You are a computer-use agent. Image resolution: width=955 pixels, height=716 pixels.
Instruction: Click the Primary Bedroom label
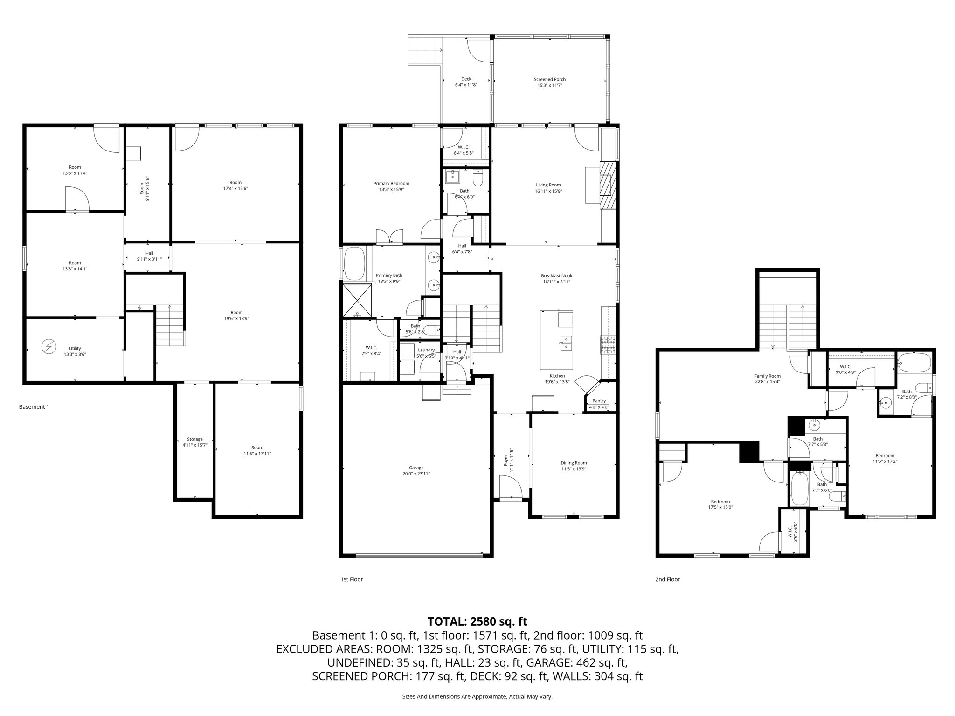pos(391,184)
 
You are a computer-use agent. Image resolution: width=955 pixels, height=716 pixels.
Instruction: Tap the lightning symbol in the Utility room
pos(48,346)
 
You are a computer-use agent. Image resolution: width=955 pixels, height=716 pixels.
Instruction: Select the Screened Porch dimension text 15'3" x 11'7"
pos(550,86)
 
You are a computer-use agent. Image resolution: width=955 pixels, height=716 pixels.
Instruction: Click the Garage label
pos(416,468)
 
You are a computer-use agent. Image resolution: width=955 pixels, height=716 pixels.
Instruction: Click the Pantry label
pos(599,401)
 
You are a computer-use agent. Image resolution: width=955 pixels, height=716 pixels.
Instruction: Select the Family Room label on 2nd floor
pos(768,376)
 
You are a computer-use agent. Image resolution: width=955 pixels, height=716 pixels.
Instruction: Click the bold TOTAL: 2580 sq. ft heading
pos(477,621)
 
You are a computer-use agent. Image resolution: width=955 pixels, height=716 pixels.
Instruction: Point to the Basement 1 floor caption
pos(34,407)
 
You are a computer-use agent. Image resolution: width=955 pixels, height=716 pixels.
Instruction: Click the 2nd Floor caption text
pos(667,579)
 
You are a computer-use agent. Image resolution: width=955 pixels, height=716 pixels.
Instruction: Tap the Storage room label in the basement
pos(195,439)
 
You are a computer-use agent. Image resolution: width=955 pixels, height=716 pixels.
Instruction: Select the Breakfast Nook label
pos(557,276)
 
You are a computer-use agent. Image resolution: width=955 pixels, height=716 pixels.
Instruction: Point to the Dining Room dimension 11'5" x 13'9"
pos(574,469)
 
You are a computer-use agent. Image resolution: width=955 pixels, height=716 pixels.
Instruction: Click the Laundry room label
pos(426,350)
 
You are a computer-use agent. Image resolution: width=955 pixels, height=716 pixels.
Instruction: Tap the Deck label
pos(466,79)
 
